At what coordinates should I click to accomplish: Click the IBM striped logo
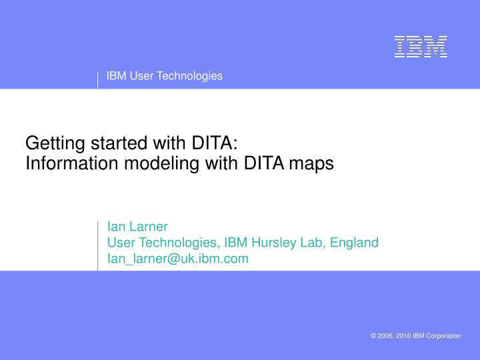420,46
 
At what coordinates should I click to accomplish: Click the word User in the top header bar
142,76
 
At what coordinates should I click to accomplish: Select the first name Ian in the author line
115,226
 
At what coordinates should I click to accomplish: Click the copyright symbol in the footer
373,336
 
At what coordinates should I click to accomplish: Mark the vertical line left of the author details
98,245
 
